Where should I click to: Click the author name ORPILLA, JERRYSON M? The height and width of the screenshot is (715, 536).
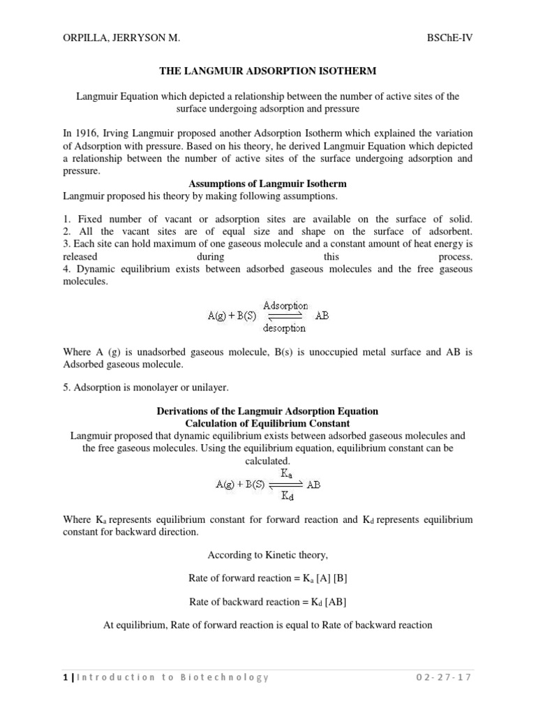tap(121, 41)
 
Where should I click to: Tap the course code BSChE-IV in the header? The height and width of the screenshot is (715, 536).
tap(449, 41)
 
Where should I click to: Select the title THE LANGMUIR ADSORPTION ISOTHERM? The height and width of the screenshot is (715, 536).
tap(267, 71)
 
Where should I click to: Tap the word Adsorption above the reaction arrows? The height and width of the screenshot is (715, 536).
tap(285, 305)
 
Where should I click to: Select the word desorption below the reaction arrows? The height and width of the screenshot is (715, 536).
tap(284, 327)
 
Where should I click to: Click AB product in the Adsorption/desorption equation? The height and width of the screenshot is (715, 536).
tap(322, 316)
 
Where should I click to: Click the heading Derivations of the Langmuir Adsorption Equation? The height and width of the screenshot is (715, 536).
tap(268, 412)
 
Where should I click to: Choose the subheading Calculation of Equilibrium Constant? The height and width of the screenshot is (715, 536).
tap(268, 424)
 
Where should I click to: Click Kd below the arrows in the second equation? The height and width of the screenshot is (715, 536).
tap(287, 496)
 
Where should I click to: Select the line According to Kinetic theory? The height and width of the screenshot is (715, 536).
tap(268, 555)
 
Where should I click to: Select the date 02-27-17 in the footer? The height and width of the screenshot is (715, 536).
tap(442, 678)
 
